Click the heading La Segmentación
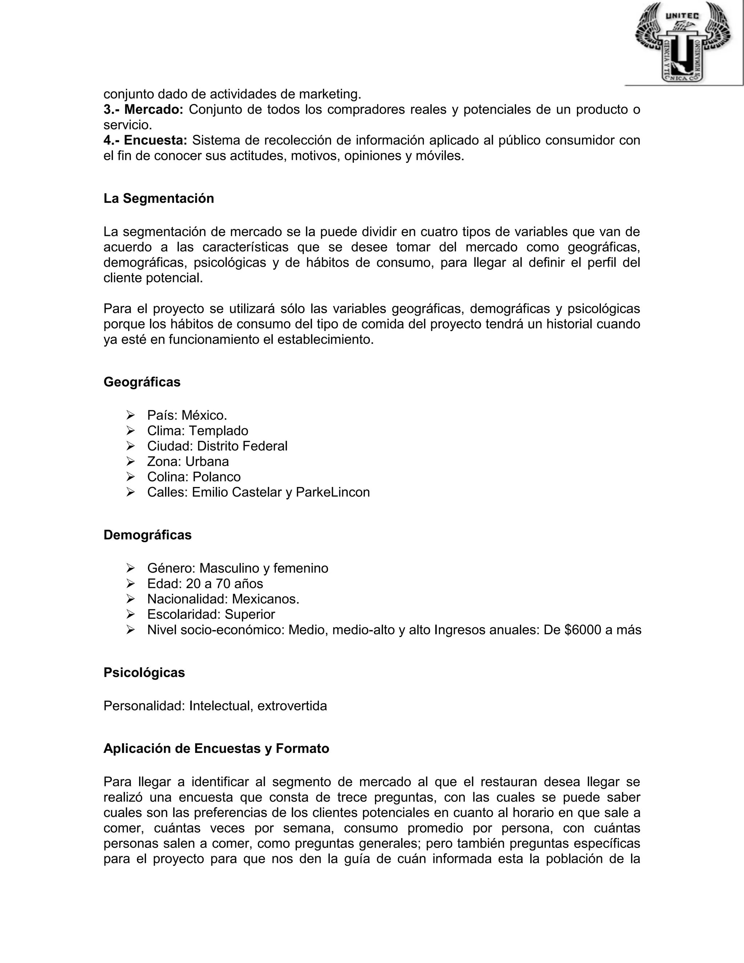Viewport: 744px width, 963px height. (x=159, y=198)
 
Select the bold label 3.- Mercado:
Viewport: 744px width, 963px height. (x=143, y=109)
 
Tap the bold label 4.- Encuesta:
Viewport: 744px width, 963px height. (x=145, y=140)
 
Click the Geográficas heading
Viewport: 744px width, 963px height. (x=142, y=382)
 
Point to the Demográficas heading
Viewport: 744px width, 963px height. (x=147, y=535)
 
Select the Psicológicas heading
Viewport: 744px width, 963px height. (x=144, y=672)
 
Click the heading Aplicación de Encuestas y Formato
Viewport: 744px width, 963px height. (x=216, y=748)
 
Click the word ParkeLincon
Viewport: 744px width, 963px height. (x=333, y=492)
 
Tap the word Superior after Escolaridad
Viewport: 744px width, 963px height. (x=250, y=614)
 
